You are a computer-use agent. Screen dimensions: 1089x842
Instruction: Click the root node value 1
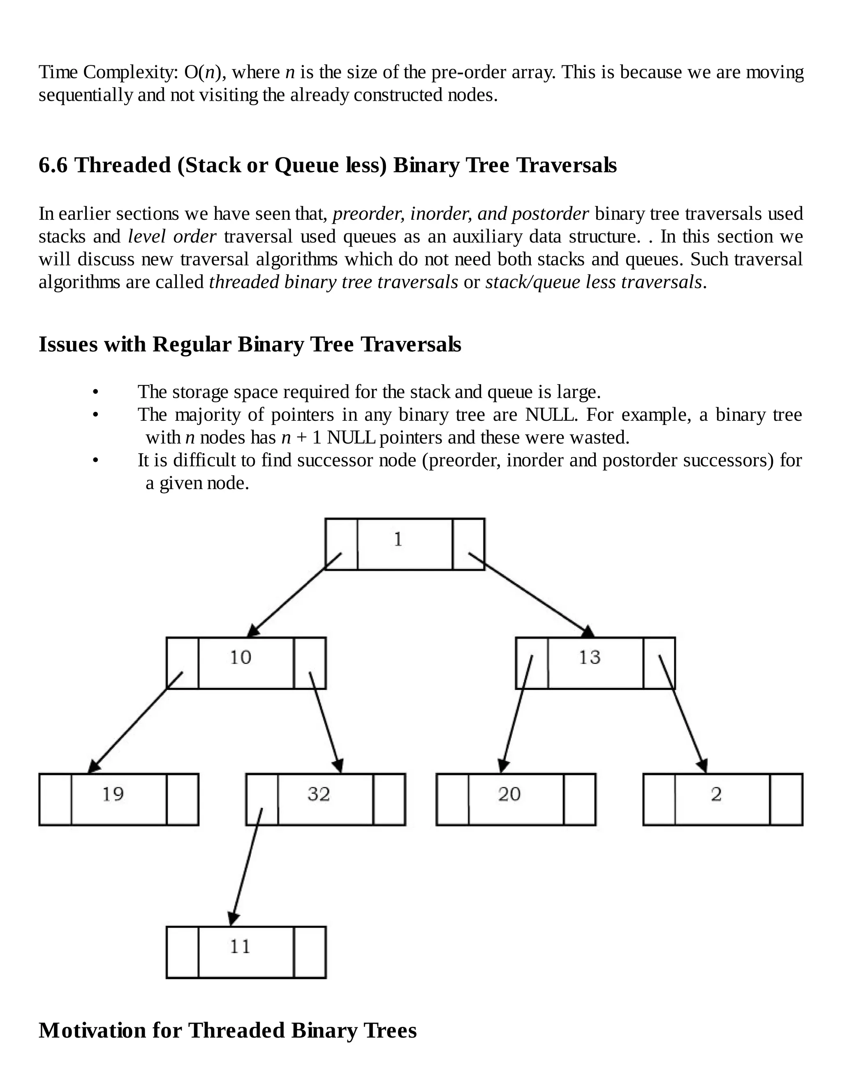click(398, 540)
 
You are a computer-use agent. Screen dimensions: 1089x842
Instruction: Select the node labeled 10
click(241, 658)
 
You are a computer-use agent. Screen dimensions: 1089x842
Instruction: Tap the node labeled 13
click(590, 658)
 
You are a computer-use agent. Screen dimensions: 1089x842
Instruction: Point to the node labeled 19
click(113, 794)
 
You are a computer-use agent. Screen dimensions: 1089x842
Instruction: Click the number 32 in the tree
click(319, 794)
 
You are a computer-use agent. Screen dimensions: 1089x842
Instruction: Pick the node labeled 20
click(509, 794)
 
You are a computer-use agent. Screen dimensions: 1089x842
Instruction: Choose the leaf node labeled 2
click(716, 794)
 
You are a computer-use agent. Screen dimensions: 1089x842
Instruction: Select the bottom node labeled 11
click(240, 947)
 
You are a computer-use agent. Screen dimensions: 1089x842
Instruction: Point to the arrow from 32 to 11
click(246, 868)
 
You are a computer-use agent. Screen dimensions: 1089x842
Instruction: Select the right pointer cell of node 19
click(182, 800)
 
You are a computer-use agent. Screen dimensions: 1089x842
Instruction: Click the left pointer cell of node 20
click(452, 800)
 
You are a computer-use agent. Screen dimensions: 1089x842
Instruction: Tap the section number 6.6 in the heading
click(53, 166)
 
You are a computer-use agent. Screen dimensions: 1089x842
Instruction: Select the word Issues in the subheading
click(68, 344)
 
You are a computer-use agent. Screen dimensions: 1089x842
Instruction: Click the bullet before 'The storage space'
click(96, 393)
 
